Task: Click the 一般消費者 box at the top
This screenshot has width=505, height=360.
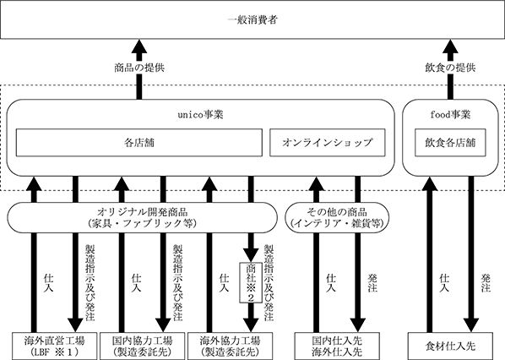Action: click(x=252, y=20)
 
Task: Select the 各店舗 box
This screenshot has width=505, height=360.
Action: click(x=139, y=143)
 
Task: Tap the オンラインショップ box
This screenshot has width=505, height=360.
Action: click(x=327, y=143)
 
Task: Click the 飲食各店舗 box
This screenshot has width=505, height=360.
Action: click(x=450, y=143)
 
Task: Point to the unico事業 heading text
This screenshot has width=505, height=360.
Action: click(x=200, y=115)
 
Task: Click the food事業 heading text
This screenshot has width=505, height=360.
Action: click(x=450, y=115)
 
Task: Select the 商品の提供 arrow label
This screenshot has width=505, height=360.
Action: click(x=139, y=68)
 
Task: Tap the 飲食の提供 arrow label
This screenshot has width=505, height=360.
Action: click(x=450, y=68)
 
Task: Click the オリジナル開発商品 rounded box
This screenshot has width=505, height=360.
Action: click(x=142, y=217)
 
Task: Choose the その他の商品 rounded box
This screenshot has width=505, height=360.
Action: click(x=337, y=217)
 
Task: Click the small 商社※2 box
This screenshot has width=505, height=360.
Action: click(x=251, y=282)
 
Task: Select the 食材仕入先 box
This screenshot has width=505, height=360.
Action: click(x=450, y=346)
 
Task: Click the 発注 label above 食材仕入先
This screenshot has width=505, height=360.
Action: click(x=486, y=283)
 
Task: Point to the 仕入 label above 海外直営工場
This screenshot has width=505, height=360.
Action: click(x=49, y=283)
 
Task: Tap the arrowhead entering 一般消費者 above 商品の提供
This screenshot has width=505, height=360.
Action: click(x=139, y=46)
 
